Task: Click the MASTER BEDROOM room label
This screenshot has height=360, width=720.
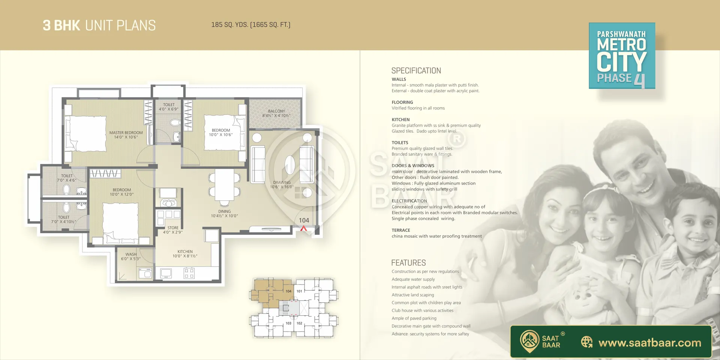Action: coord(126,133)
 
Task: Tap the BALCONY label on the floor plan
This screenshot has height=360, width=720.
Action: coord(276,111)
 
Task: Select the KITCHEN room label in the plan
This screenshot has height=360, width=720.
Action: coord(185,252)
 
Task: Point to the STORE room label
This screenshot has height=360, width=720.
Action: coord(173,228)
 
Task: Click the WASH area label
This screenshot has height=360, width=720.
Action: coord(131,254)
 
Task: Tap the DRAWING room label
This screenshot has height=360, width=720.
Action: coord(282,182)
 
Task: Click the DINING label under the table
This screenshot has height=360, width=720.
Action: coord(224,211)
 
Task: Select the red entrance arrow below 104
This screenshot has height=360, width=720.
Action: coord(303,228)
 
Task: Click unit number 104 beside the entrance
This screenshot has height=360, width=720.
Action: coord(304,220)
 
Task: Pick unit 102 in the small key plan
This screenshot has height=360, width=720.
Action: coord(299,323)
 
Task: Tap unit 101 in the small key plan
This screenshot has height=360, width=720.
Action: coord(299,291)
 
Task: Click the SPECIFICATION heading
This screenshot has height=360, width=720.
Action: coord(416,70)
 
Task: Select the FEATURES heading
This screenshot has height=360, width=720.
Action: coord(408,263)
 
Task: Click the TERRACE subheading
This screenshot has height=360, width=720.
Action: coord(401,230)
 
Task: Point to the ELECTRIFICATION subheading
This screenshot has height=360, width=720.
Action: coord(409,201)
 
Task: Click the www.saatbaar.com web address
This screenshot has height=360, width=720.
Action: coord(650,343)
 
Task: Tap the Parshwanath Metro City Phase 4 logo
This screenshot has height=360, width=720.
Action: coord(622,56)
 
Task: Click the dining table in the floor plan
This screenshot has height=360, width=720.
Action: coord(225,184)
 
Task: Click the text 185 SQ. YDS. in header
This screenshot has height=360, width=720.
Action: coord(229,25)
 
